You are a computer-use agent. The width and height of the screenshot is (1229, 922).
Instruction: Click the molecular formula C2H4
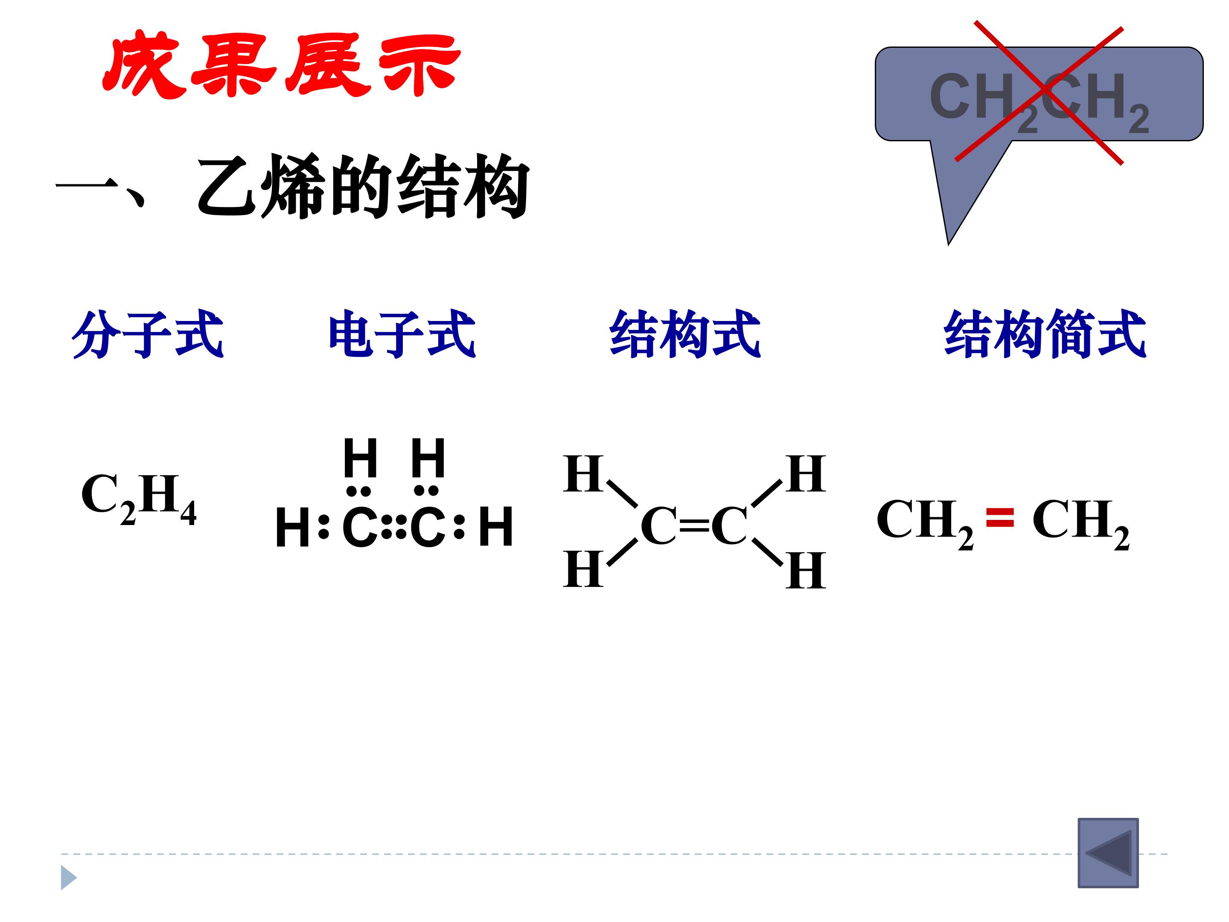coord(138,499)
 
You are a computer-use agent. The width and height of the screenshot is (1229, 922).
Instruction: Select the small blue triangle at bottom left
coord(68,878)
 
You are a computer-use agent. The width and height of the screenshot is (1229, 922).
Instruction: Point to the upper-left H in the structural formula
coord(583,474)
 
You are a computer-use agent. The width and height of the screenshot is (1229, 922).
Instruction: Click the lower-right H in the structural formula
coord(806,570)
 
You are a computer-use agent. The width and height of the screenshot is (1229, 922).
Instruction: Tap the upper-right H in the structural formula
coord(806,474)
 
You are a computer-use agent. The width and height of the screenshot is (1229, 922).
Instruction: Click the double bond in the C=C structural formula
coord(694,525)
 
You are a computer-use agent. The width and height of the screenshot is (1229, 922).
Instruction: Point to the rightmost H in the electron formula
coord(495,527)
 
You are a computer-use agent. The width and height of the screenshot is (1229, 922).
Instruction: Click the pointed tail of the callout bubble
coord(948,243)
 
